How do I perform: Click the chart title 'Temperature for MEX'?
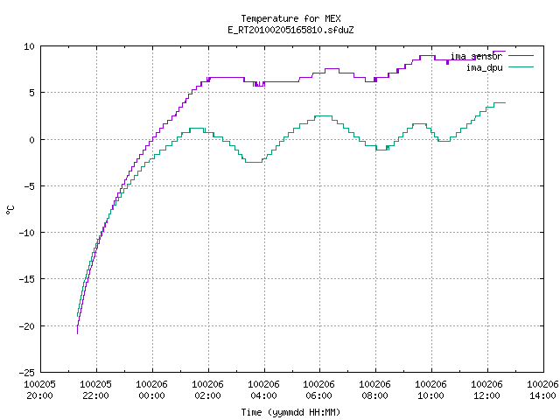pos(290,18)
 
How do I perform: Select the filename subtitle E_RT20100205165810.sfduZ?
pos(290,30)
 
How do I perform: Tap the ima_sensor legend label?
pos(476,56)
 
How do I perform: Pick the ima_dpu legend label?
pos(484,67)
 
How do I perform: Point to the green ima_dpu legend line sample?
pos(521,67)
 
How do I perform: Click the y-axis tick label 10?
pos(29,46)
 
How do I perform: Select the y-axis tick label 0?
pos(32,140)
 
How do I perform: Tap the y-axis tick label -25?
pos(27,373)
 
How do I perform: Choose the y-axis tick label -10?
pos(27,233)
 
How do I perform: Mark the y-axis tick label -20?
pos(27,326)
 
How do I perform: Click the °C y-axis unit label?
pos(10,210)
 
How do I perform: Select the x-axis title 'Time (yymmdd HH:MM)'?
pos(290,412)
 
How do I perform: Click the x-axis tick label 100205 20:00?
pos(39,390)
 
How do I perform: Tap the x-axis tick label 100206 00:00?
pos(151,390)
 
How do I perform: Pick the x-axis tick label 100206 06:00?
pos(318,390)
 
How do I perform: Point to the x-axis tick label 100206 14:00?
pos(542,390)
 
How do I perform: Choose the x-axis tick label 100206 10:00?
pos(430,390)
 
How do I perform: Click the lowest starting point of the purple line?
pos(78,333)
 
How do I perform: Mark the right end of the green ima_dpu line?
pos(506,103)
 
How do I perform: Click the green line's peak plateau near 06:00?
pos(323,116)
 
